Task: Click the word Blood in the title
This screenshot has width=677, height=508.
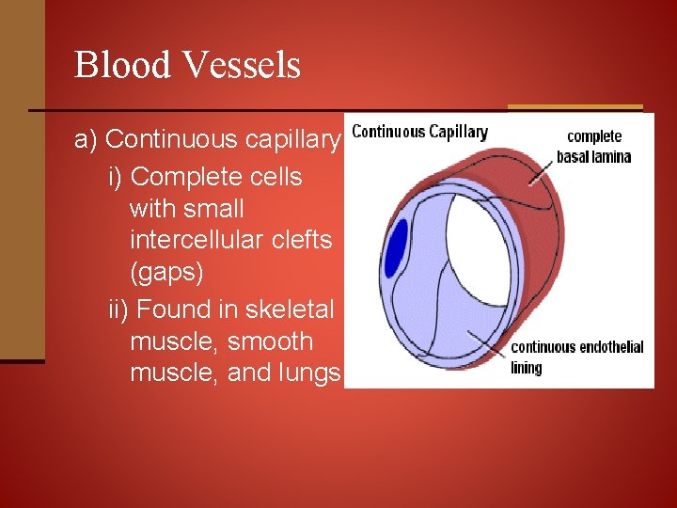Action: point(118,65)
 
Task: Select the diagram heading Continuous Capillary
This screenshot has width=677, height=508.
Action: point(419,132)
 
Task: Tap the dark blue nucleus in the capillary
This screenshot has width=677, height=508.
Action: point(396,248)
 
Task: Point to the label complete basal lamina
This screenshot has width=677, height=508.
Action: point(593,147)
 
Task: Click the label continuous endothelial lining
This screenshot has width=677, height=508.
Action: point(576,357)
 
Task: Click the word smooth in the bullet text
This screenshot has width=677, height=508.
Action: point(276,341)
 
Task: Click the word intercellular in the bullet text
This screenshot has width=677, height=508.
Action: point(193,240)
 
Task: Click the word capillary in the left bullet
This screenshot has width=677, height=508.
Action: point(291,140)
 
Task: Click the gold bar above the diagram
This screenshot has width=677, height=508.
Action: point(575,107)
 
